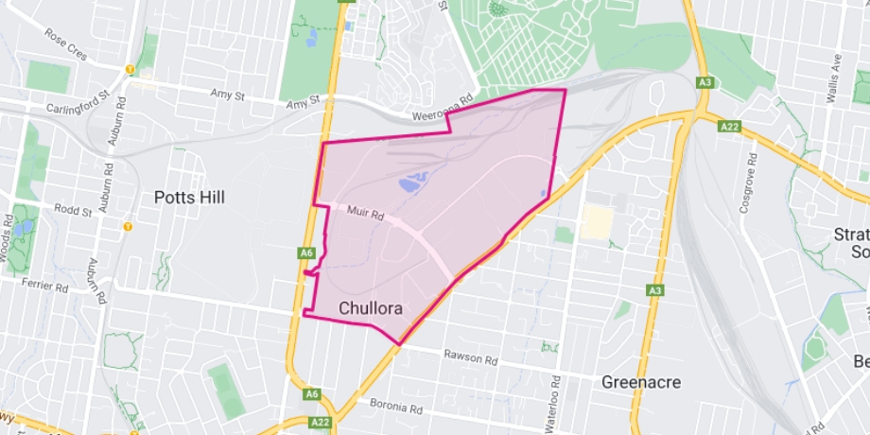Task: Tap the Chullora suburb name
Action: (x=371, y=308)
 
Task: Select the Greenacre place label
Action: (x=641, y=382)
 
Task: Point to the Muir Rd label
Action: (x=364, y=216)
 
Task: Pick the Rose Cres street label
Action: (x=65, y=43)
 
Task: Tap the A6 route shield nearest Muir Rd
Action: (x=305, y=253)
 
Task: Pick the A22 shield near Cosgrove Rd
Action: (x=728, y=126)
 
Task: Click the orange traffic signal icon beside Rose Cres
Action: (x=129, y=69)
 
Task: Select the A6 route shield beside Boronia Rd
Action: (x=313, y=393)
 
